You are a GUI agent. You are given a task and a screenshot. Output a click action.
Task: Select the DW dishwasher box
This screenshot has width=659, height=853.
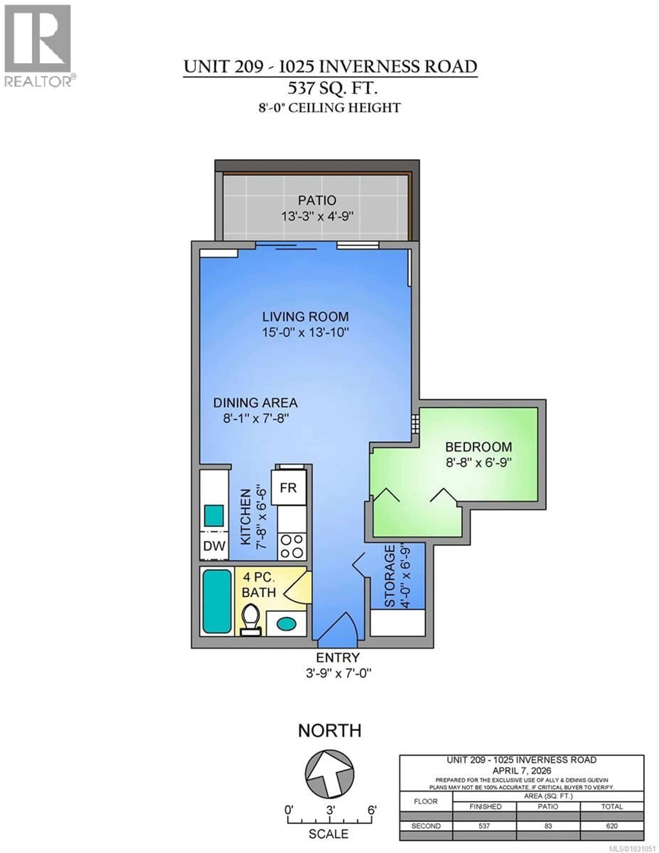(214, 546)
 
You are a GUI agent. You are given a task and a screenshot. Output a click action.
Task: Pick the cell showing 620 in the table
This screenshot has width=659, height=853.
(612, 826)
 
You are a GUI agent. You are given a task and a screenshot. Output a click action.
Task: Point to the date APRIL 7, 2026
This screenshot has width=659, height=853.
(522, 771)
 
